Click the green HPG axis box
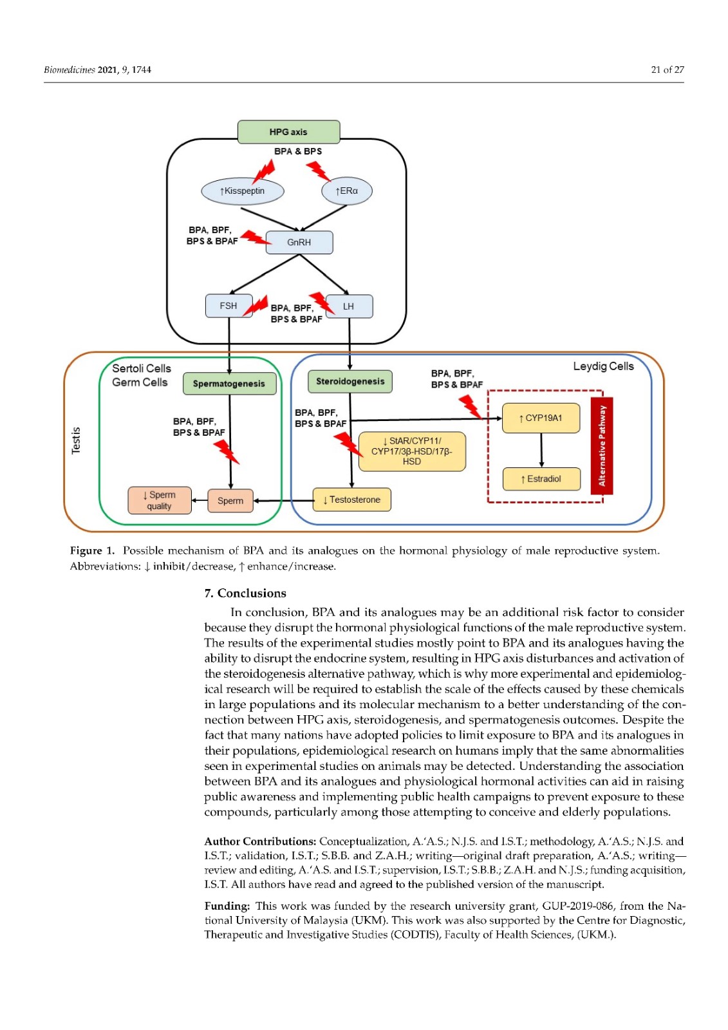288,132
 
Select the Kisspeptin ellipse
243,191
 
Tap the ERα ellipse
347,191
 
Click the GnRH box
299,243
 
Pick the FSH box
229,306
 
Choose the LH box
349,306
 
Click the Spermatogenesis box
229,384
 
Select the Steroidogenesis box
350,382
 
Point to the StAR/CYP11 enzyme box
412,451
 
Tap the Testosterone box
352,500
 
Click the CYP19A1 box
541,418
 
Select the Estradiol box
541,479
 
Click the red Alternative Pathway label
602,446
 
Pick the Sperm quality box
160,501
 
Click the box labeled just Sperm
230,501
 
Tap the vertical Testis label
76,440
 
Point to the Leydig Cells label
603,366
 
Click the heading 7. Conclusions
245,594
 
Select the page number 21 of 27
667,70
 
